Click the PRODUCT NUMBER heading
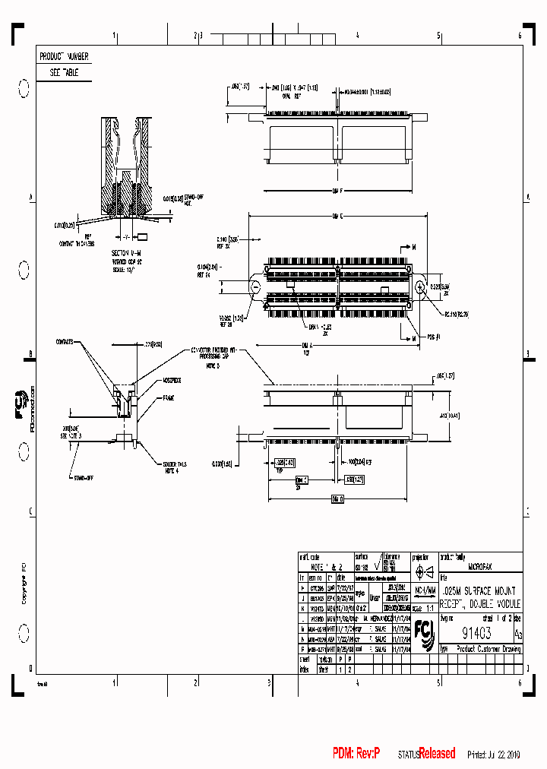(x=64, y=56)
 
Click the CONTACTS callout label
(x=66, y=342)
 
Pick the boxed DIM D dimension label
(x=337, y=499)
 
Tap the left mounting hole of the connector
(x=256, y=286)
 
